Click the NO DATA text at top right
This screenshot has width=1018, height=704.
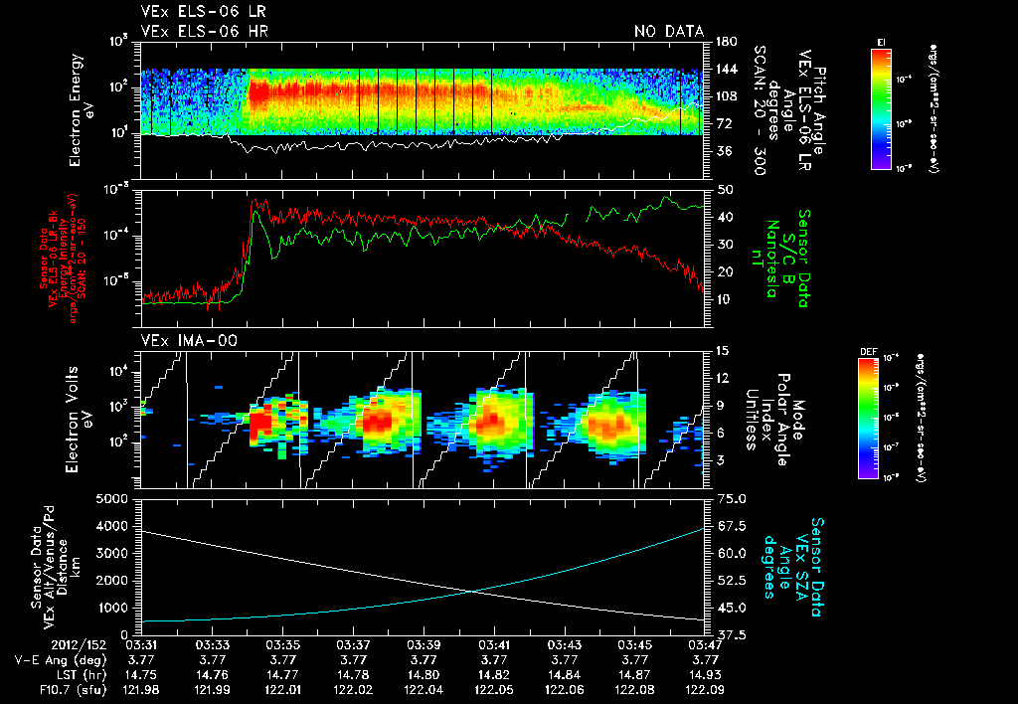(669, 31)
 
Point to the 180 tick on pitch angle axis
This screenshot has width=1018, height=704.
(724, 42)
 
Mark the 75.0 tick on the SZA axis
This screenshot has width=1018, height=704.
(728, 498)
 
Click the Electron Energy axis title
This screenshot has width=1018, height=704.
(81, 88)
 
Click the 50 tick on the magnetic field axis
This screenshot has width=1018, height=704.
(724, 189)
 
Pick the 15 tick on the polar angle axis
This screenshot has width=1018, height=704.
(723, 350)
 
